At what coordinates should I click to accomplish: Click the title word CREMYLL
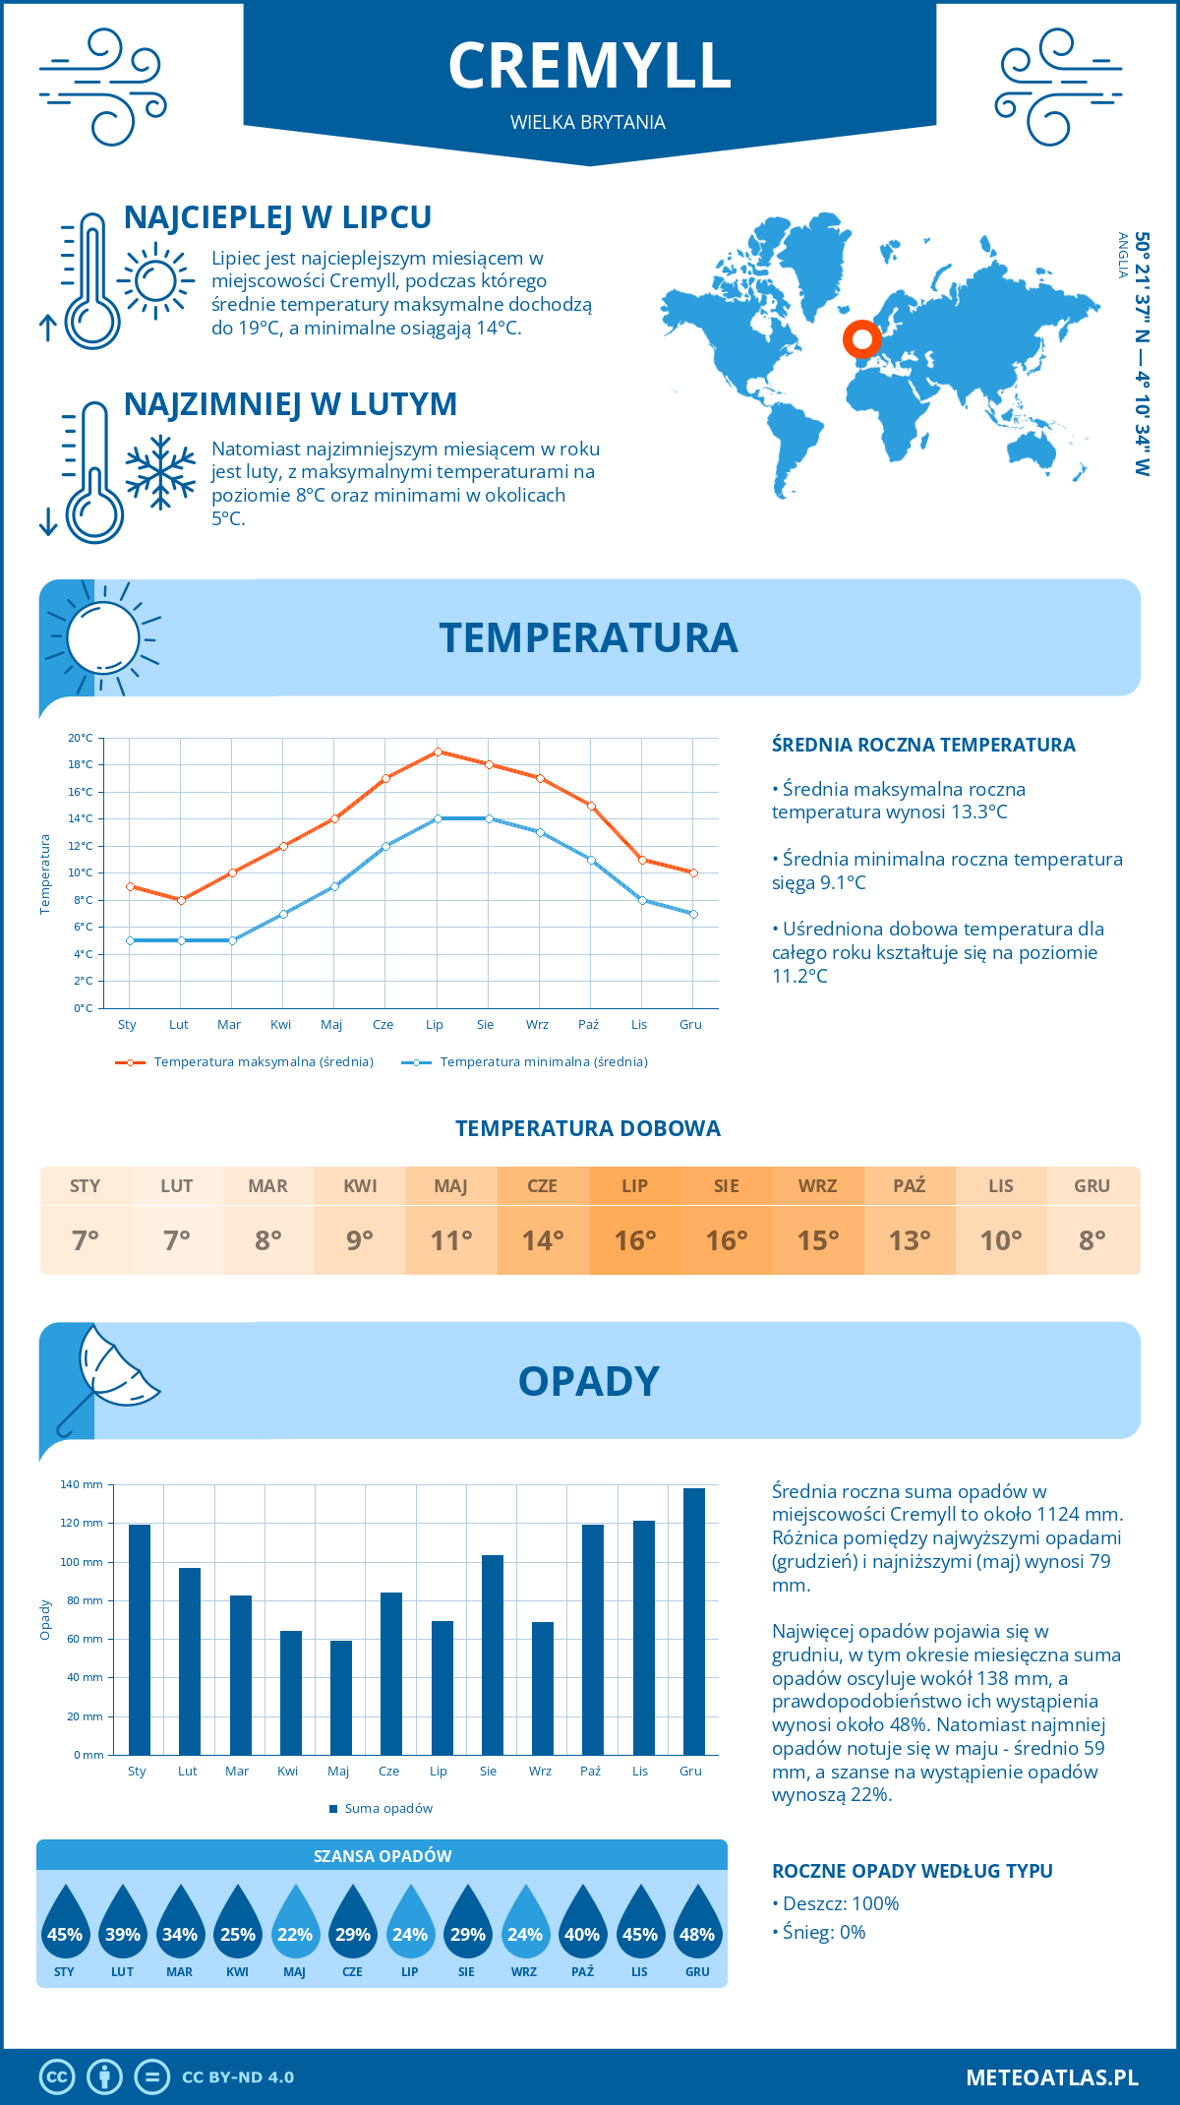click(589, 66)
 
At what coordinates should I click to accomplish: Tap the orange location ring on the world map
click(862, 339)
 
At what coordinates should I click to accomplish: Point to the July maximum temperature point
click(438, 752)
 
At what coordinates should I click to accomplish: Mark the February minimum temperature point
click(181, 940)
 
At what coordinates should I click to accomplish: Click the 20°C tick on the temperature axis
click(81, 738)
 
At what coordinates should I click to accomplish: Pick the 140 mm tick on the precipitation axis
click(82, 1484)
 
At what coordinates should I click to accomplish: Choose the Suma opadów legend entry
click(387, 1808)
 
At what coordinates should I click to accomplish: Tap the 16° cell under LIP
click(634, 1240)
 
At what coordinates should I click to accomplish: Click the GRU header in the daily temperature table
click(1091, 1185)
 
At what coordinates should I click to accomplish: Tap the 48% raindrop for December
click(697, 1923)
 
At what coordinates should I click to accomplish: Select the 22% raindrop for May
click(295, 1923)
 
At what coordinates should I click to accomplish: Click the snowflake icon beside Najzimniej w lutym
click(160, 472)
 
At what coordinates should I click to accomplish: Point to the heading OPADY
click(588, 1381)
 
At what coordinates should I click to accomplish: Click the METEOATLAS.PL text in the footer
click(1051, 2076)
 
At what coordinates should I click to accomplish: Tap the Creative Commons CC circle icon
click(57, 2076)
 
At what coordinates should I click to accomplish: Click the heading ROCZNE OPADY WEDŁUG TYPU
click(912, 1871)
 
